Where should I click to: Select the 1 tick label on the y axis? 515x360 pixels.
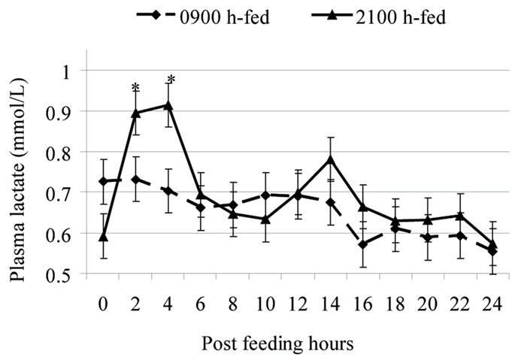coord(72,71)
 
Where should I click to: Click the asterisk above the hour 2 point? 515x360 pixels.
coord(136,87)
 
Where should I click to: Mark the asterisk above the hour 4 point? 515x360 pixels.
coord(169,80)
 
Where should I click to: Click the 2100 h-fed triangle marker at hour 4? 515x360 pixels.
coord(168,104)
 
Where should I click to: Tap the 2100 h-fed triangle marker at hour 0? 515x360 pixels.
coord(104,237)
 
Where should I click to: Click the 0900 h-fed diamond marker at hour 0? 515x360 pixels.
coord(104,182)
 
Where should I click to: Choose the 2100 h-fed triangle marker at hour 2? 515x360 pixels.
coord(136,113)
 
